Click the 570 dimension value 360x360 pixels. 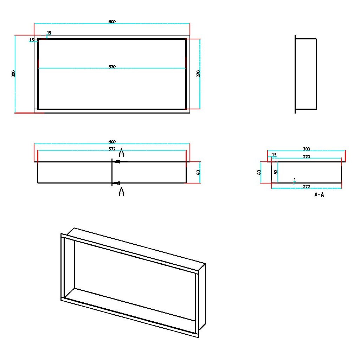coord(112,67)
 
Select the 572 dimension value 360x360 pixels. coord(112,149)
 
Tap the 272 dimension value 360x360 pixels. coord(307,186)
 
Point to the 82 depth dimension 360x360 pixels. coord(276,172)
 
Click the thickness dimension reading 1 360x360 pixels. coord(295,180)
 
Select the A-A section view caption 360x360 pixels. coord(319,195)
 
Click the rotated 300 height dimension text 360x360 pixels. coord(13,74)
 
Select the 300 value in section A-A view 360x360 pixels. coord(307,149)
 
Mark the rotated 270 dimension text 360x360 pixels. coord(198,74)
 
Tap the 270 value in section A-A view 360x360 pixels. coord(307,157)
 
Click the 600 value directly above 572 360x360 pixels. coord(112,142)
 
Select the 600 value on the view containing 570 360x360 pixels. coord(112,22)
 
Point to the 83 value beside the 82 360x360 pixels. coord(259,172)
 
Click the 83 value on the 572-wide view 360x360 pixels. coord(198,172)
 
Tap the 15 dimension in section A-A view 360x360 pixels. coord(274,155)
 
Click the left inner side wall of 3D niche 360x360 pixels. coord(70,267)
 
